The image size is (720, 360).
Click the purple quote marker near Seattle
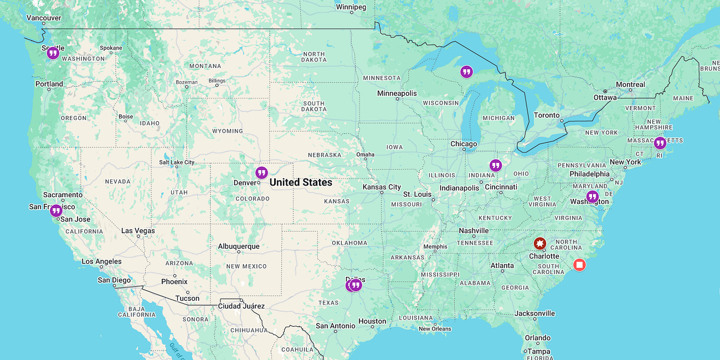pyautogui.click(x=53, y=53)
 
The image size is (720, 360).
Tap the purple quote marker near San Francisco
pyautogui.click(x=56, y=210)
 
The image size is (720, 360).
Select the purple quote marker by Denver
pyautogui.click(x=261, y=173)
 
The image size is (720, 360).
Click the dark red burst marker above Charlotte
pyautogui.click(x=539, y=244)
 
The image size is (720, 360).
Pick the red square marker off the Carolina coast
pyautogui.click(x=579, y=265)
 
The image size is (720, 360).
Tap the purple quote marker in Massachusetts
pyautogui.click(x=660, y=143)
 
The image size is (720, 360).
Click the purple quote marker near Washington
pyautogui.click(x=593, y=197)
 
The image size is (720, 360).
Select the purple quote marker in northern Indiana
pyautogui.click(x=495, y=165)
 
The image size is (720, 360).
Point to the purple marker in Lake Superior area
pyautogui.click(x=466, y=71)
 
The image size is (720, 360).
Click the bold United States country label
pyautogui.click(x=301, y=182)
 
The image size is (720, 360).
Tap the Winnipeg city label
pyautogui.click(x=351, y=7)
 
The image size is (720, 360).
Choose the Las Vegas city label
pyautogui.click(x=138, y=230)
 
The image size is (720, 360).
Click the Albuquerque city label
pyautogui.click(x=239, y=246)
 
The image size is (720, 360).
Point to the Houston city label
pyautogui.click(x=372, y=321)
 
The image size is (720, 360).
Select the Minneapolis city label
pyautogui.click(x=397, y=93)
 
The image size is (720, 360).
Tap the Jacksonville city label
pyautogui.click(x=534, y=313)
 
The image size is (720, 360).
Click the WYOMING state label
pyautogui.click(x=228, y=131)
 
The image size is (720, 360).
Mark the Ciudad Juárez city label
pyautogui.click(x=241, y=306)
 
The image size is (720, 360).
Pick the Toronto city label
pyautogui.click(x=547, y=115)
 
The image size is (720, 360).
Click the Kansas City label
pyautogui.click(x=382, y=187)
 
